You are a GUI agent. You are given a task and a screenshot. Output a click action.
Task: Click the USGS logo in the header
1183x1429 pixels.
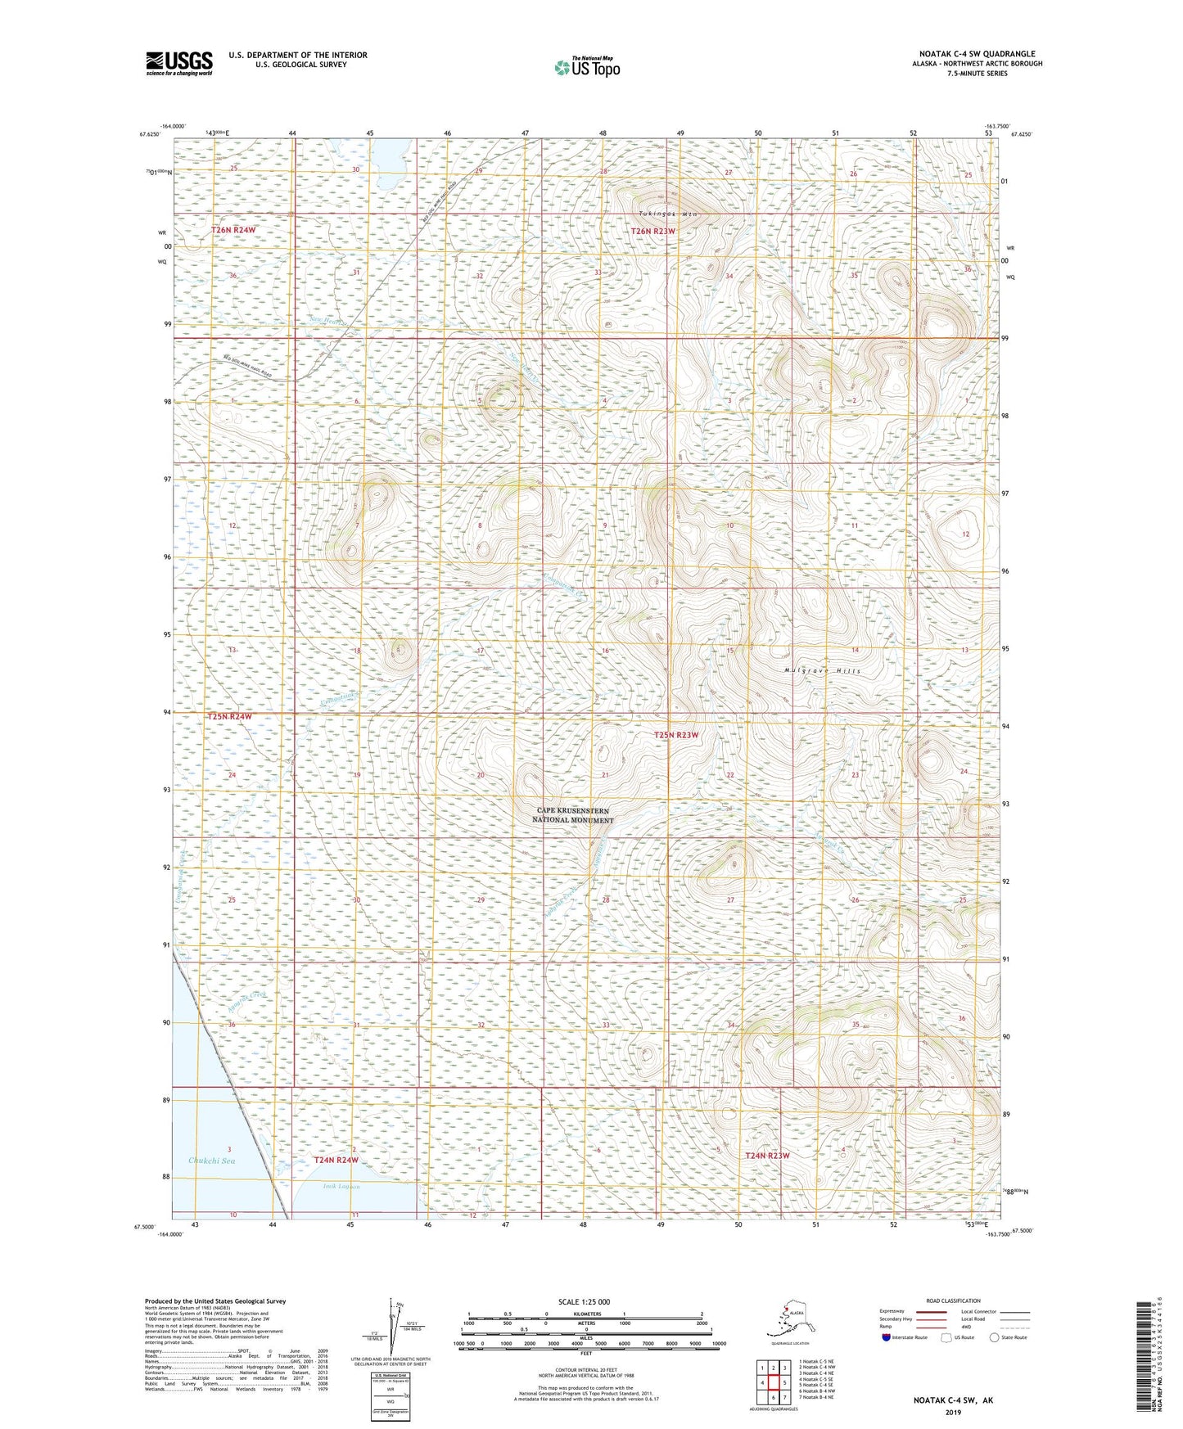178,63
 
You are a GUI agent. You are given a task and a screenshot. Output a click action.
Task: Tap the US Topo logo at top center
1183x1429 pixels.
585,67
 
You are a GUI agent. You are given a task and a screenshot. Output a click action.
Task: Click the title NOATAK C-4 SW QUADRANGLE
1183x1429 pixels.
976,54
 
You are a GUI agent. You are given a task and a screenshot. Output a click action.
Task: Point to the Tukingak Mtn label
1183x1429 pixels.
668,214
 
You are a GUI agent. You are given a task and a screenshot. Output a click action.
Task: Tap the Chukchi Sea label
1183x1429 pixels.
211,1161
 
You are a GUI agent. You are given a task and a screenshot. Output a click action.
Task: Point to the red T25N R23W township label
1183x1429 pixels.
676,735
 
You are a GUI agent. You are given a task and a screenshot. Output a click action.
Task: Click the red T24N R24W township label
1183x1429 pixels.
336,1160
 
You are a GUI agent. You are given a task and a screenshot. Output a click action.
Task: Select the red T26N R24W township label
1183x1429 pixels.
233,231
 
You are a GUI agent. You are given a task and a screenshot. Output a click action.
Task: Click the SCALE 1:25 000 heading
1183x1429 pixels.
585,1301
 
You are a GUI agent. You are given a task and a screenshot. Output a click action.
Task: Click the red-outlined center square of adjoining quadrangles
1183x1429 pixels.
773,1382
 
